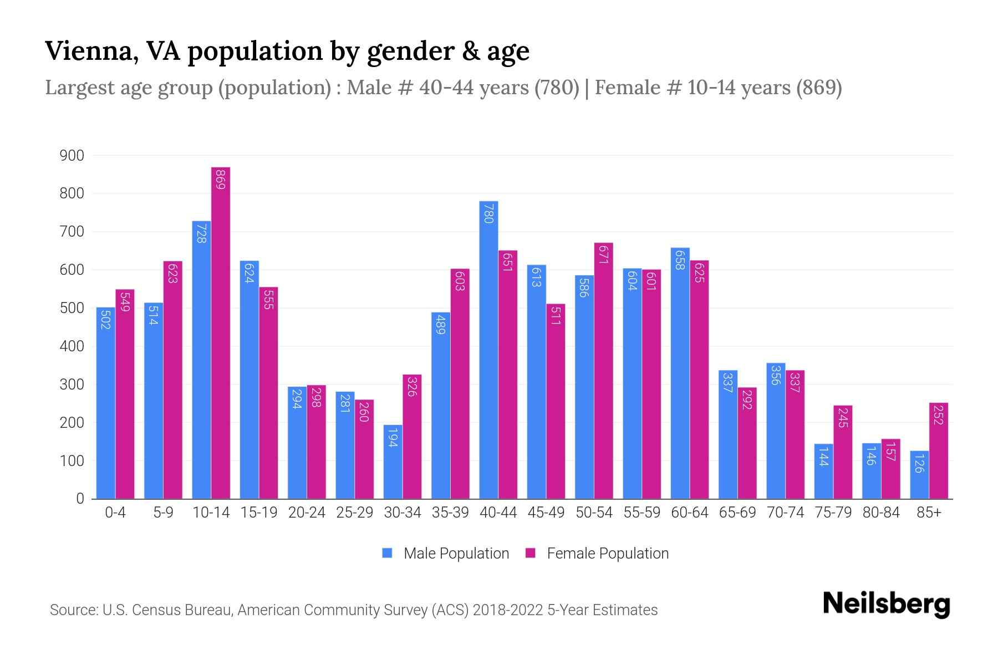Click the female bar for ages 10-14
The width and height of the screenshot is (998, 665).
(x=221, y=332)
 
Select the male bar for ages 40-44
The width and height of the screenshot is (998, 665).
(x=488, y=349)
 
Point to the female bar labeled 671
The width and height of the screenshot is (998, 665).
(x=603, y=371)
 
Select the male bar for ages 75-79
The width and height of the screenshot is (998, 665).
(x=823, y=471)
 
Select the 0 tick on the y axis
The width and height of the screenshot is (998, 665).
(x=80, y=498)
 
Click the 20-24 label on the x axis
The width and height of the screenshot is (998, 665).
(x=307, y=513)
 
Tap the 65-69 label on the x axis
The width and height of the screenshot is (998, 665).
(x=737, y=513)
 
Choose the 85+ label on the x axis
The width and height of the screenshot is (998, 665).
(x=929, y=513)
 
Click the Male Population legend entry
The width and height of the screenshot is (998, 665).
(x=446, y=553)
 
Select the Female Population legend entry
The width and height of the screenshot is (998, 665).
(x=597, y=553)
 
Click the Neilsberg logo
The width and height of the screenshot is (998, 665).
(x=886, y=604)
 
